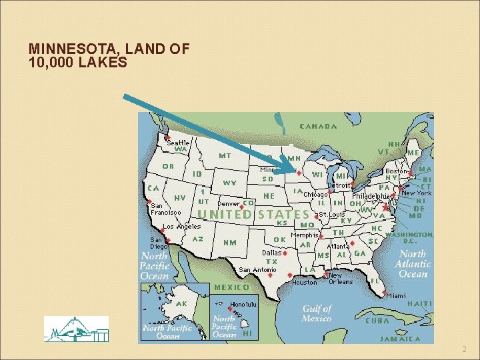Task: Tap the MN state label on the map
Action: pos(294,158)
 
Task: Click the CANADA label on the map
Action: pos(318,126)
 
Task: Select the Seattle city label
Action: pos(178,143)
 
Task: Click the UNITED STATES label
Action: pos(254,214)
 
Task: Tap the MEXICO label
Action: pos(231,287)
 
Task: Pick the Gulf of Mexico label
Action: pos(317,313)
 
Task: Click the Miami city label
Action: pos(395,295)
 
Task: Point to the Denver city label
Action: pos(229,203)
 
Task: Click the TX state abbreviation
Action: pos(271,262)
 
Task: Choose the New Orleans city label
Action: pos(341,278)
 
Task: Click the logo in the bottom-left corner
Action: pos(76,329)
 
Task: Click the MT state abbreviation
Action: pos(225,155)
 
